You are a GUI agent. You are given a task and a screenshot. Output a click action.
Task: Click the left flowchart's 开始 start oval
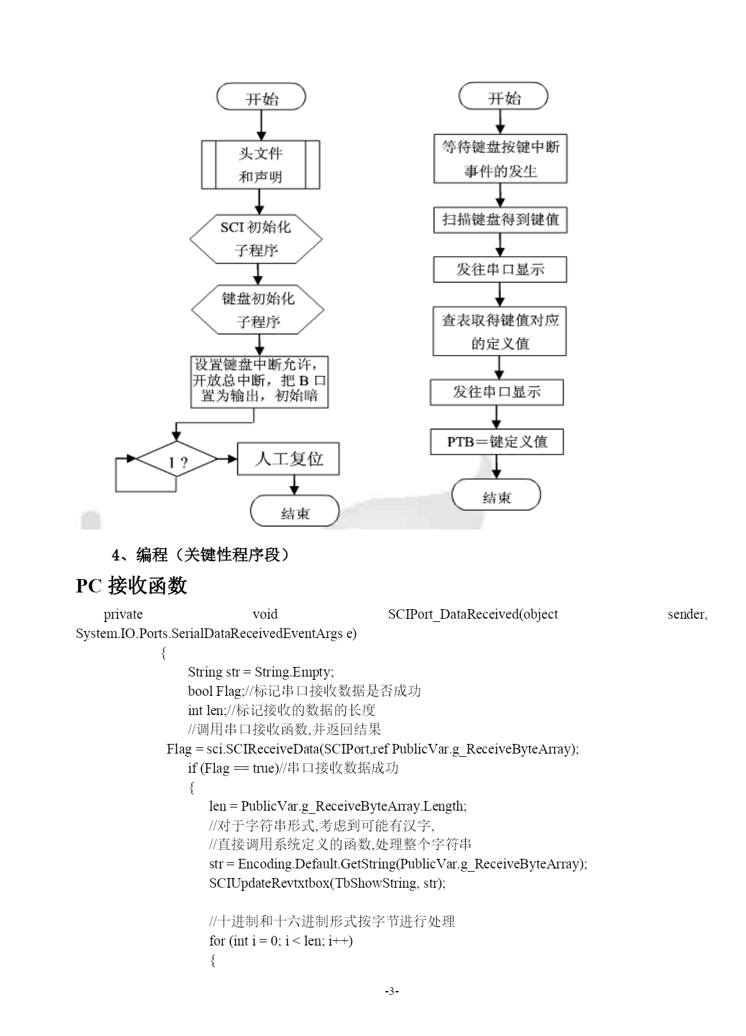[x=261, y=97]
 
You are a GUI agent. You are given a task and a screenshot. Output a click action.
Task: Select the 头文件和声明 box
[x=260, y=165]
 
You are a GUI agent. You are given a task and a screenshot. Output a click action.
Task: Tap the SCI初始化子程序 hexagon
[x=256, y=239]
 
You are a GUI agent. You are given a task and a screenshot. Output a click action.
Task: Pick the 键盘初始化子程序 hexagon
[x=258, y=309]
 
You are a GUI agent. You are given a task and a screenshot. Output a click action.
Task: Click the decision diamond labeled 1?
[x=177, y=459]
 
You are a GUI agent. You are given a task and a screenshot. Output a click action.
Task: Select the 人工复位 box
[x=289, y=459]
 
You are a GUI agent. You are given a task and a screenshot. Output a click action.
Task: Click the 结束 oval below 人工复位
[x=295, y=511]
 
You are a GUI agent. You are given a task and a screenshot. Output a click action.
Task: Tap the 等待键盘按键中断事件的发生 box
[x=500, y=159]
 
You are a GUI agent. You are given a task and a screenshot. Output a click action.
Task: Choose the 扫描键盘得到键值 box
[x=500, y=220]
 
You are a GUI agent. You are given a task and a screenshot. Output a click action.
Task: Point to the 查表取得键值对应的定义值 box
[x=500, y=331]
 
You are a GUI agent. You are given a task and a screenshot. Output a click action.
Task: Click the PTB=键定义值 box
[x=497, y=442]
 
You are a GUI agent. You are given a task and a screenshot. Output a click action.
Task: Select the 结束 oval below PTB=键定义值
[x=496, y=495]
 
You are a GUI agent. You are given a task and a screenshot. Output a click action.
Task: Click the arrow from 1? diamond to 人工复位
[x=227, y=459]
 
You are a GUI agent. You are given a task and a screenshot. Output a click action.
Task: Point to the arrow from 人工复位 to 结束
[x=294, y=485]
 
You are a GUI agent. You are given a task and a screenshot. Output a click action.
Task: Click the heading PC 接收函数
[x=131, y=585]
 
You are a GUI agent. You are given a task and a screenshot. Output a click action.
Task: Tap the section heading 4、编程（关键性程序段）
[x=201, y=554]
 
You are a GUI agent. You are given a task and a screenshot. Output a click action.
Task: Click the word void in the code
[x=266, y=614]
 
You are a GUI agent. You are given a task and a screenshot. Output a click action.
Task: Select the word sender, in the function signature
[x=687, y=615]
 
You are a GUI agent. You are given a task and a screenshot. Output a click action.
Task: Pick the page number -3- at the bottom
[x=391, y=990]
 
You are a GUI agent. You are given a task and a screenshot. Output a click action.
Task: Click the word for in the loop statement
[x=217, y=941]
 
